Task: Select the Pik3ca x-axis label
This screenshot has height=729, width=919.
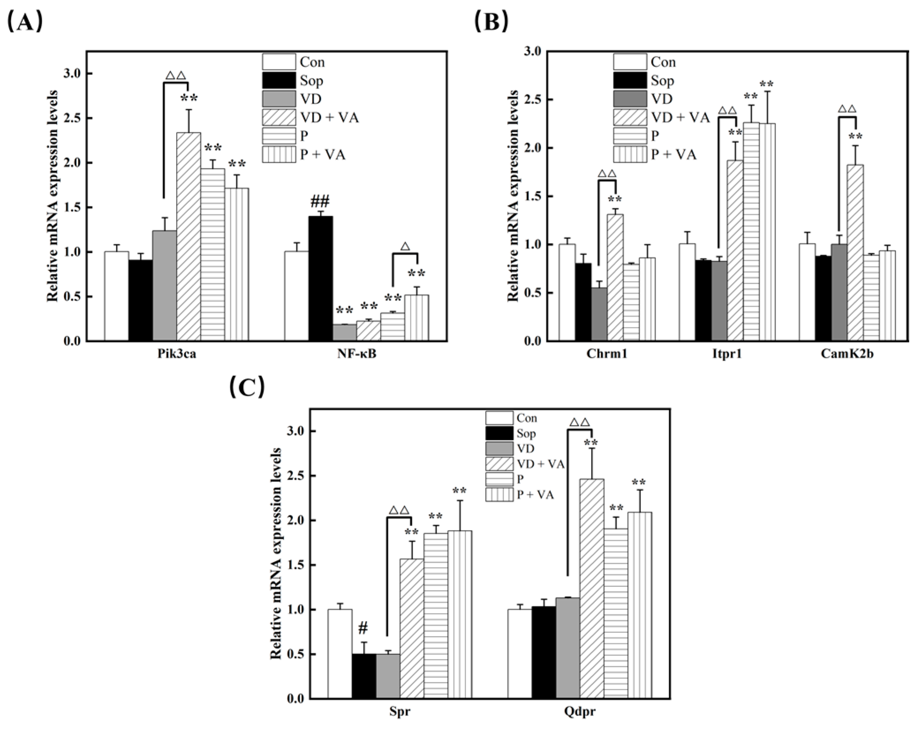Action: coord(177,354)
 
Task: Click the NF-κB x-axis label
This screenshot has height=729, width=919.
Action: coord(357,354)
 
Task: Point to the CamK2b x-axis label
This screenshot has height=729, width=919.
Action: coord(847,354)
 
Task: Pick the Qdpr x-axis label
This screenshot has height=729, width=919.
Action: coord(580,711)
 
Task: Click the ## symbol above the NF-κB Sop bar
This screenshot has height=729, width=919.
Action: coord(320,203)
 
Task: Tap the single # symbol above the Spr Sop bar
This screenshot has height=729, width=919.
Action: coord(363,628)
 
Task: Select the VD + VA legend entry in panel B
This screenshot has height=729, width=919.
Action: coord(662,117)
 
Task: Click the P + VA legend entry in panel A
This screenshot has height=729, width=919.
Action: coord(305,154)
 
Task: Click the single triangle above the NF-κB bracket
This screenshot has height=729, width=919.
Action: coord(405,246)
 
